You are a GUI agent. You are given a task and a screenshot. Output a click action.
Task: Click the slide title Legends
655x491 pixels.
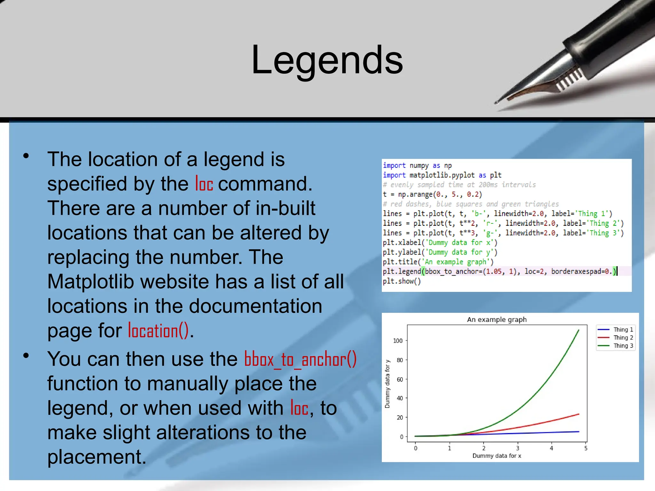coord(327,60)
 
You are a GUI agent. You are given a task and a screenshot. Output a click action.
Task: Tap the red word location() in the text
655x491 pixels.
coord(158,331)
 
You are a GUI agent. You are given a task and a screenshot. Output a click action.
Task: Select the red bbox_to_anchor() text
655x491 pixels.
coord(300,359)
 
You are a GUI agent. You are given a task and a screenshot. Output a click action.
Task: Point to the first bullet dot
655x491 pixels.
coord(26,156)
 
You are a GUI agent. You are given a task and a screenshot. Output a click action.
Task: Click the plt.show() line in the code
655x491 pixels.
coord(402,281)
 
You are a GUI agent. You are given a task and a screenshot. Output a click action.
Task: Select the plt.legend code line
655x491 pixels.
coord(499,271)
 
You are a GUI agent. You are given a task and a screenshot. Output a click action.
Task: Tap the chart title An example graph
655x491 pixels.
coord(496,319)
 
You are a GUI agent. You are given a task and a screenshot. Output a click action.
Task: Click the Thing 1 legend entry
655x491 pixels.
coord(622,330)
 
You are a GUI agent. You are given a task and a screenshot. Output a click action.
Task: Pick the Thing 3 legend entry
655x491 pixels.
coord(622,346)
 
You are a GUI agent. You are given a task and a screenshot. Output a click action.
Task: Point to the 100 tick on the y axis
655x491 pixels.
coord(398,341)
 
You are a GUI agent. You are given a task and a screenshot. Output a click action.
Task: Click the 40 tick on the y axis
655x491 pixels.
coord(399,398)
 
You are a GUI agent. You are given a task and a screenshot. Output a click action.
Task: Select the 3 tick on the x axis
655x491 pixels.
coord(517,448)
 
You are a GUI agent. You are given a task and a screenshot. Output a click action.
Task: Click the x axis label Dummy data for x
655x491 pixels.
coord(496,456)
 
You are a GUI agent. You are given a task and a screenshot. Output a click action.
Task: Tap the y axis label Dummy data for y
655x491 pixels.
coord(387,384)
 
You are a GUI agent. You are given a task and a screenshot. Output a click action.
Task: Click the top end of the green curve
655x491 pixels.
coord(579,331)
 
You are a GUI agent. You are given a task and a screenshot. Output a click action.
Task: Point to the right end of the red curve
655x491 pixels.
coord(579,415)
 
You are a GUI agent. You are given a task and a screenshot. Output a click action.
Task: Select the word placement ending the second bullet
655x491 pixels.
coord(97,457)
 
